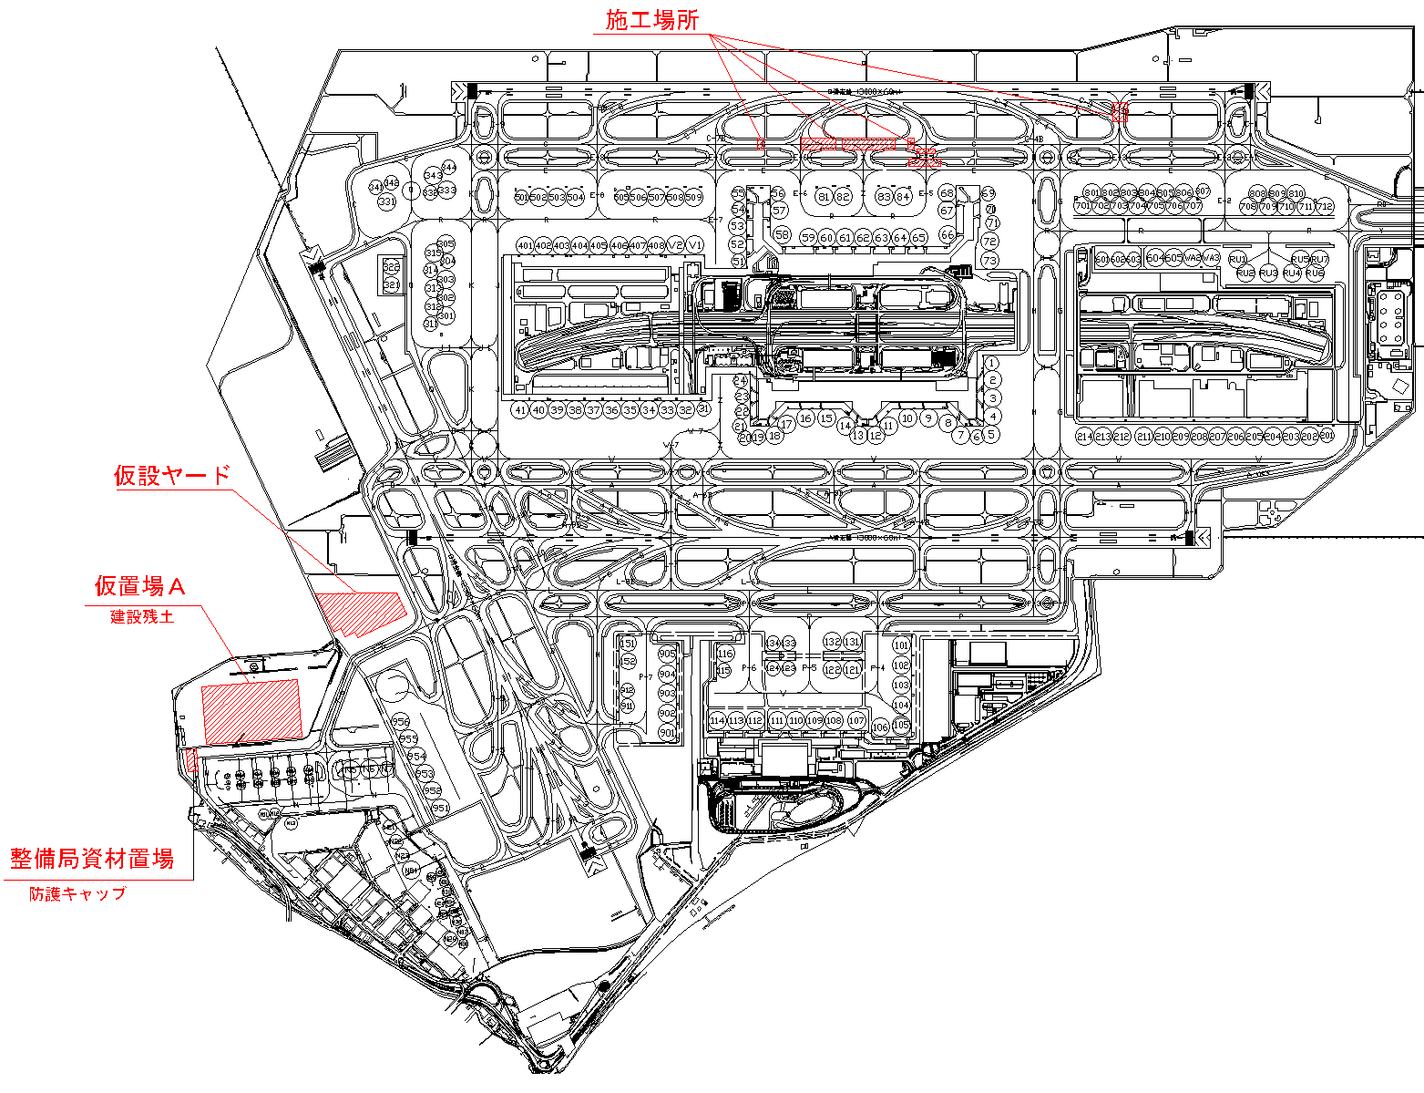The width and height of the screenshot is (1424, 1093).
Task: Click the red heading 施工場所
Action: click(652, 19)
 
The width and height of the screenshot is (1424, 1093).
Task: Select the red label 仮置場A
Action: click(140, 584)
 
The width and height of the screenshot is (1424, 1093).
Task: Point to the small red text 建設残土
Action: click(142, 616)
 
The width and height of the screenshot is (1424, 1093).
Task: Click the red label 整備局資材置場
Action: click(92, 858)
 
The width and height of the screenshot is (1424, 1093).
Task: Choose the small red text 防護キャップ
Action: click(77, 893)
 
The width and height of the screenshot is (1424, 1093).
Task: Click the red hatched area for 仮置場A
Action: click(251, 711)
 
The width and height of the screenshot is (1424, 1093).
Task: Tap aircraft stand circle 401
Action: click(525, 246)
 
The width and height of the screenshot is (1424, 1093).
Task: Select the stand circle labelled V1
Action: click(695, 246)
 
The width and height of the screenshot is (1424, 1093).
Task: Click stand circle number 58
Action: click(782, 234)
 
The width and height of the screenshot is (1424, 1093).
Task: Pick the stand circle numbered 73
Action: click(990, 261)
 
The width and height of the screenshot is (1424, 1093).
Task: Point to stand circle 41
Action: click(520, 410)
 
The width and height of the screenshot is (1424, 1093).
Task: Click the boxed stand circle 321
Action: click(392, 285)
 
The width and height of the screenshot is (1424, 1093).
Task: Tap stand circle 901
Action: click(668, 733)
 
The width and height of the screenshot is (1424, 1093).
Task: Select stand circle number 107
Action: click(856, 720)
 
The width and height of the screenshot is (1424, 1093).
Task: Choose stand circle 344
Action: click(448, 167)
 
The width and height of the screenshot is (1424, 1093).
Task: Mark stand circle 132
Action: click(832, 642)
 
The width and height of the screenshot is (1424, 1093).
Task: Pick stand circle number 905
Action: click(668, 654)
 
